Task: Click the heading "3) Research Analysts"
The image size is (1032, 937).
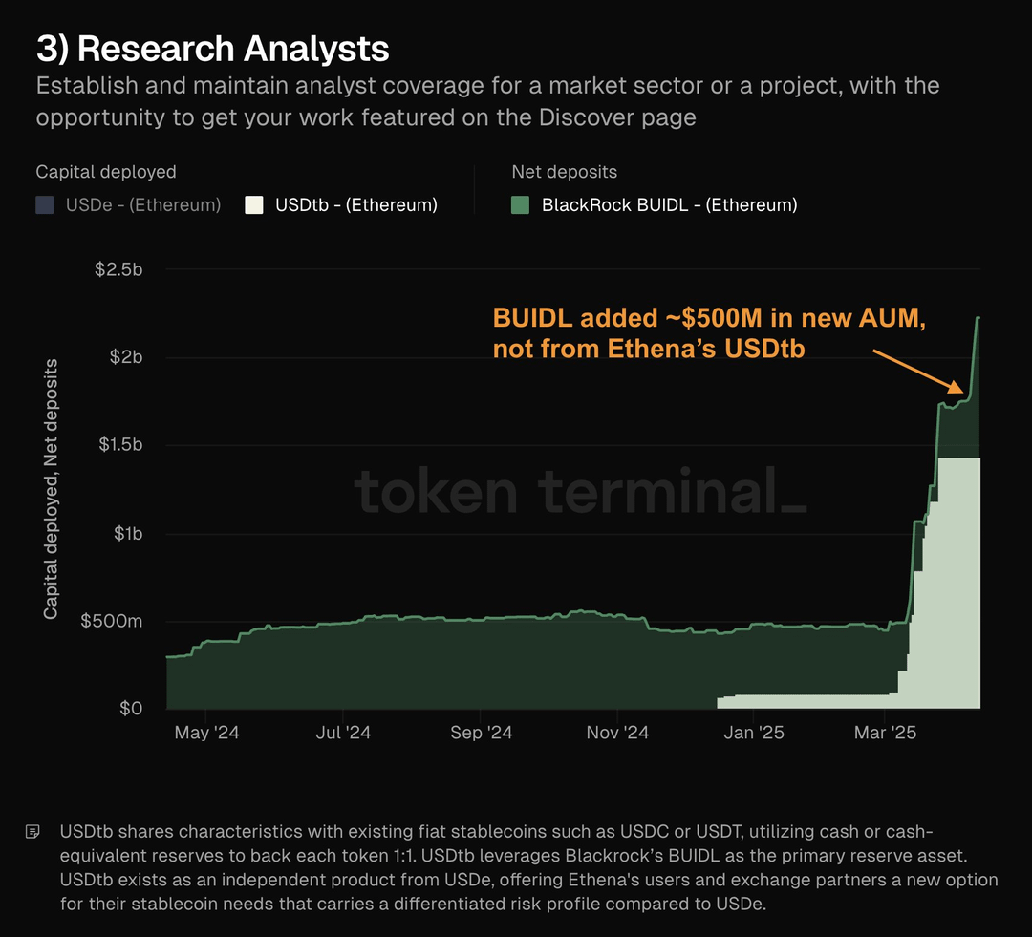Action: click(212, 49)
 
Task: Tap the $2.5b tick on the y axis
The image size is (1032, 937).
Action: click(118, 269)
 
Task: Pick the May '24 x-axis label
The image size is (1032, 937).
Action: click(206, 733)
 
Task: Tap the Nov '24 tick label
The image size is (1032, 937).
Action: click(617, 733)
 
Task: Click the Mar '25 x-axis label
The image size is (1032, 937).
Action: click(885, 733)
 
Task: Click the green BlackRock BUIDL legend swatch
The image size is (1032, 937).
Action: click(521, 204)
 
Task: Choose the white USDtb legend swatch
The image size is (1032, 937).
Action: click(254, 204)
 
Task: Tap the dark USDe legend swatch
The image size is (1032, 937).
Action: click(45, 204)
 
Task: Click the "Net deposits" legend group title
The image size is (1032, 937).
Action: click(565, 172)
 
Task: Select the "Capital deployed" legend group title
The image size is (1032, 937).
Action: click(106, 172)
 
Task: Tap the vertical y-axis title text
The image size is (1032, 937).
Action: click(51, 489)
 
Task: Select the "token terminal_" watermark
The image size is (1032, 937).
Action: click(580, 492)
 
